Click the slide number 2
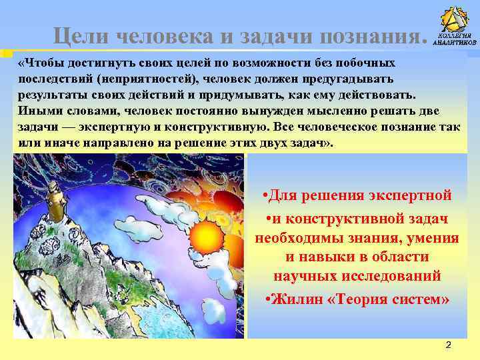(448, 345)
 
